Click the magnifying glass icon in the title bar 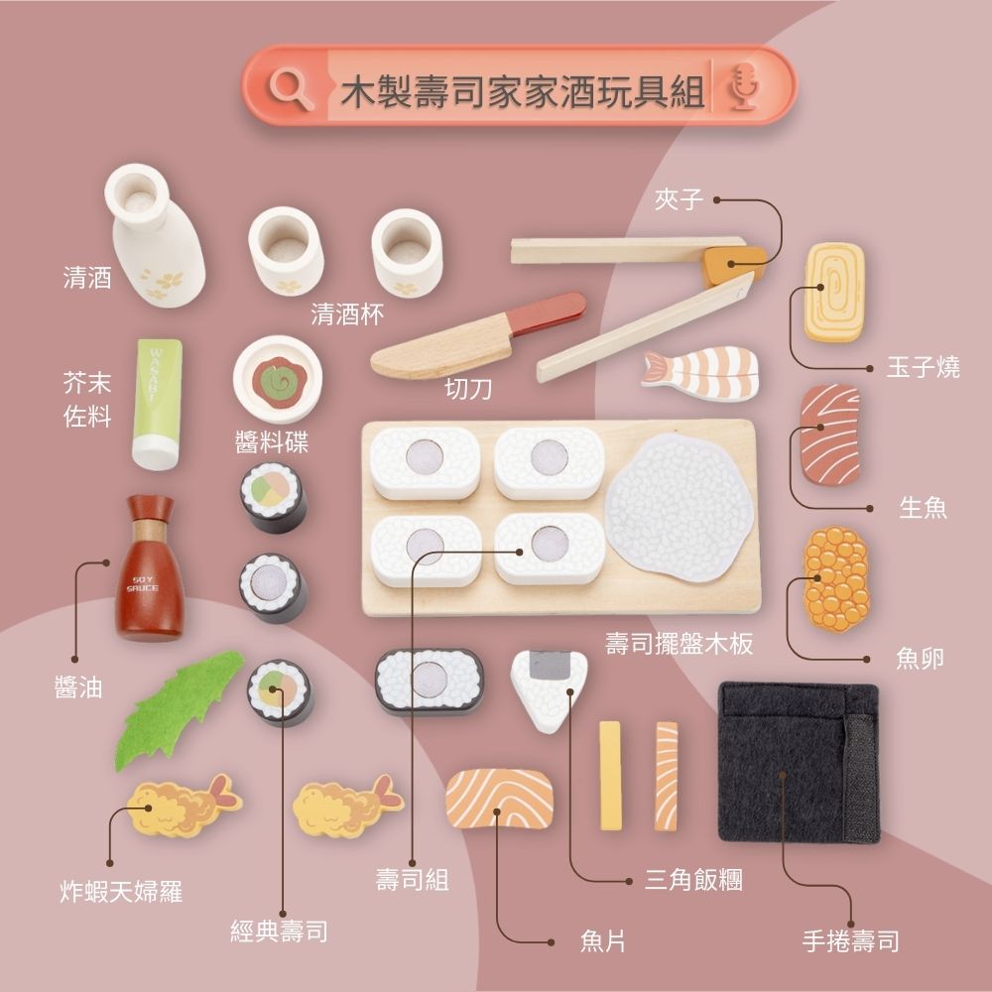pos(291,89)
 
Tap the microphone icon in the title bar pos(744,86)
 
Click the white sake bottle pos(155,235)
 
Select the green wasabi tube pos(158,404)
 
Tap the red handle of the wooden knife pos(548,311)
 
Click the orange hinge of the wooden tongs pos(733,265)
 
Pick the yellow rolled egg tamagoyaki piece pos(834,292)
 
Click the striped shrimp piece pos(701,372)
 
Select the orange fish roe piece pos(835,579)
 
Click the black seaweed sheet pos(799,761)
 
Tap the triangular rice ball pos(549,690)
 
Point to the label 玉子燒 pos(923,367)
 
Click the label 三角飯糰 pos(693,879)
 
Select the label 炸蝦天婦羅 pos(121,891)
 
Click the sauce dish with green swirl pos(278,379)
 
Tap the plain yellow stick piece pos(610,776)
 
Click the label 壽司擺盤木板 pos(680,644)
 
